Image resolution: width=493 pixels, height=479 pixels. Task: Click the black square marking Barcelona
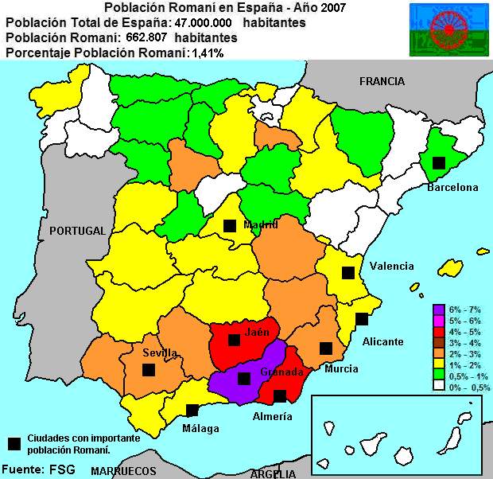tap(437, 162)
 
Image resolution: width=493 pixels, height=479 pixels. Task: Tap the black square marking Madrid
tap(229, 225)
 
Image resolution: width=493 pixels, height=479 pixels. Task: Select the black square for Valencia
tap(347, 272)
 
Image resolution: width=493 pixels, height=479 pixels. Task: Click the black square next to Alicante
tap(362, 319)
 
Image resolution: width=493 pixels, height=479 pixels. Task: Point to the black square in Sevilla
tap(148, 369)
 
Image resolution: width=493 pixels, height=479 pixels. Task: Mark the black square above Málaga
tap(192, 411)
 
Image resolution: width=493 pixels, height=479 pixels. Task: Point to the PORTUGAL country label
tap(77, 231)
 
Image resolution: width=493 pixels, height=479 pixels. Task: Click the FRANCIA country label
tap(382, 81)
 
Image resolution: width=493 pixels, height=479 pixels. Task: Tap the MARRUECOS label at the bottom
tap(123, 471)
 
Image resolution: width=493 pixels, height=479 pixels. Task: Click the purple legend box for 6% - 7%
tap(438, 309)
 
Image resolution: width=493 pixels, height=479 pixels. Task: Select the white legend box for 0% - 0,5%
tap(438, 387)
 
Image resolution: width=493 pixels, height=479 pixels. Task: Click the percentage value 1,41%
tap(207, 53)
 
